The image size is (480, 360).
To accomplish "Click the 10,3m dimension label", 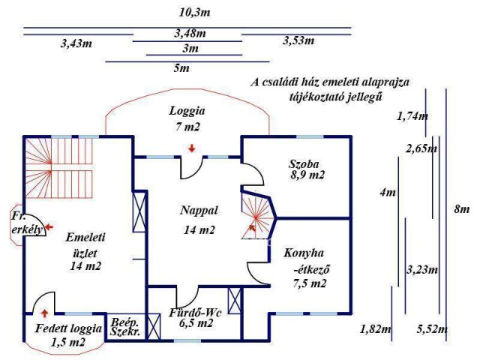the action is (195, 13).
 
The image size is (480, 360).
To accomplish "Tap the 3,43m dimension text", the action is (76, 43).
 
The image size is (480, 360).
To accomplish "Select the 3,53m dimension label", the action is (298, 40).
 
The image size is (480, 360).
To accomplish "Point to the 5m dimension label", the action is (181, 68).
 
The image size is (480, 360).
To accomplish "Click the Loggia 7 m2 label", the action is (187, 118).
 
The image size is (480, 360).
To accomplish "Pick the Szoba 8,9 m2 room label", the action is (307, 169).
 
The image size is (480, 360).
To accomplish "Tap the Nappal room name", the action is (199, 210).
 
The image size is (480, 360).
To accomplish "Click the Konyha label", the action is (304, 253).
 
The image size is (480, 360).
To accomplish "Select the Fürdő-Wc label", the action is (195, 313).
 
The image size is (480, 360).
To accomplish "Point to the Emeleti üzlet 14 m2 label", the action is (85, 251).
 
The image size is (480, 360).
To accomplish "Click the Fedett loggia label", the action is (68, 328).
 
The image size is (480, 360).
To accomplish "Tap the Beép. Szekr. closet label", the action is (125, 327).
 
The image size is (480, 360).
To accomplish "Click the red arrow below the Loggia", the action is (192, 148).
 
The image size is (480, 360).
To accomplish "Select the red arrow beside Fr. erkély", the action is (49, 227).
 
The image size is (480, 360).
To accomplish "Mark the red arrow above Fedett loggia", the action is (45, 313).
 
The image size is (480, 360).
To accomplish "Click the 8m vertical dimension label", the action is (462, 209).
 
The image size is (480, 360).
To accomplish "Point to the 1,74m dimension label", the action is (412, 116).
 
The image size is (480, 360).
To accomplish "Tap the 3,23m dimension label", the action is (422, 270).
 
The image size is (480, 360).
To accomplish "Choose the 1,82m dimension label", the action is (375, 329).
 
